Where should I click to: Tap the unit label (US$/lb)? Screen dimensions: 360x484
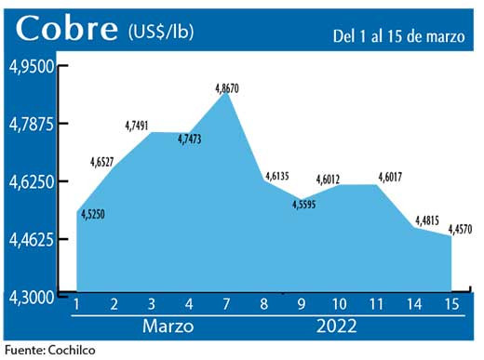click(161, 33)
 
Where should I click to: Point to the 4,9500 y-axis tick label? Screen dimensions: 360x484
click(32, 67)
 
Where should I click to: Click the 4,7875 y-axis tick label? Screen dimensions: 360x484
click(32, 124)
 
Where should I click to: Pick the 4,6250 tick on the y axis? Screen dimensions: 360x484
click(32, 181)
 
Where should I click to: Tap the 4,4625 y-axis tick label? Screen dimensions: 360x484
click(32, 239)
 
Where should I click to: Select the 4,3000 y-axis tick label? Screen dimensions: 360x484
click(32, 297)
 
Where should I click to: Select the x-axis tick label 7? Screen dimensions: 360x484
click(226, 305)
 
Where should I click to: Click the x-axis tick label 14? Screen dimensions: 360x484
click(414, 305)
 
